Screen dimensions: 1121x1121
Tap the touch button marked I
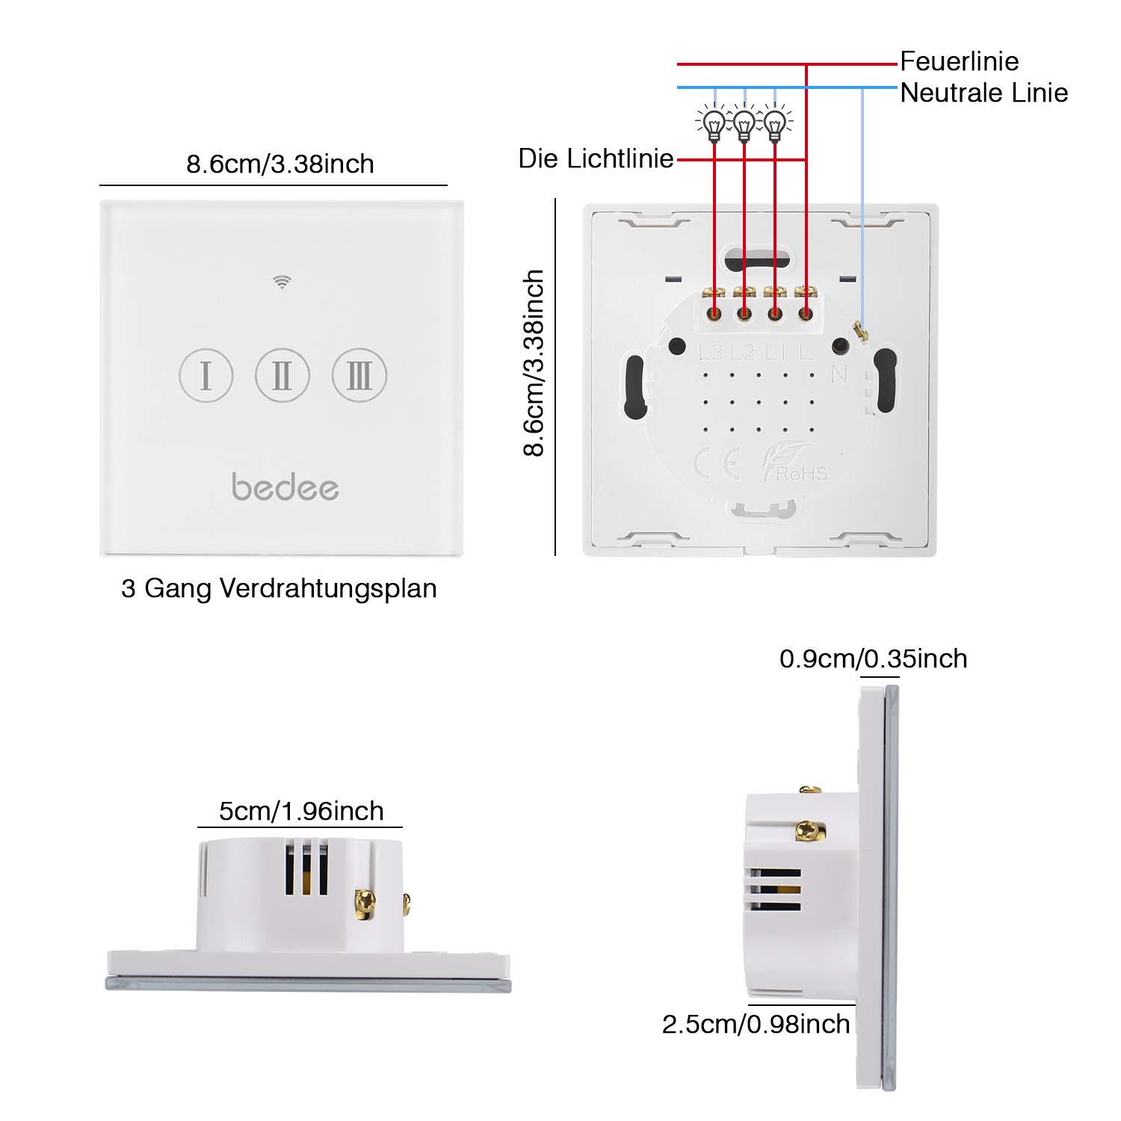(206, 375)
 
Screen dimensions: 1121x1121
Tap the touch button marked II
(282, 375)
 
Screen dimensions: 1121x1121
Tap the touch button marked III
(359, 375)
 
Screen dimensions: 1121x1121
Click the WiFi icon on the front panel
(282, 282)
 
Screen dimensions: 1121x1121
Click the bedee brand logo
(285, 487)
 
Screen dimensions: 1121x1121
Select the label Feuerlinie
(959, 61)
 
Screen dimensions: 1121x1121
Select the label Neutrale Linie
(983, 93)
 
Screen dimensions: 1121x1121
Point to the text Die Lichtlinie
(596, 159)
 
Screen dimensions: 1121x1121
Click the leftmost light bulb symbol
(714, 124)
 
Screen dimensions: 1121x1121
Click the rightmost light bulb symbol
(775, 124)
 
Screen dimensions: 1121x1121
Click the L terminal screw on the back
(805, 314)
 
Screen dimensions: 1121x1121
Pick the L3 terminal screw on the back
(714, 314)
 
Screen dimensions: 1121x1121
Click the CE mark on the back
(716, 464)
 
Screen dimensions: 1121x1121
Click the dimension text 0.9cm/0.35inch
(873, 659)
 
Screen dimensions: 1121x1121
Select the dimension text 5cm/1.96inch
(301, 812)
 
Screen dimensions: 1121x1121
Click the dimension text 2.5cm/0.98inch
(756, 1024)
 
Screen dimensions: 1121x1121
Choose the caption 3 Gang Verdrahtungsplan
(279, 589)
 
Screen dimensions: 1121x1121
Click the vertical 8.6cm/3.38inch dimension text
(534, 363)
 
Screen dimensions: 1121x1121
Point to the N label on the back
(839, 374)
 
